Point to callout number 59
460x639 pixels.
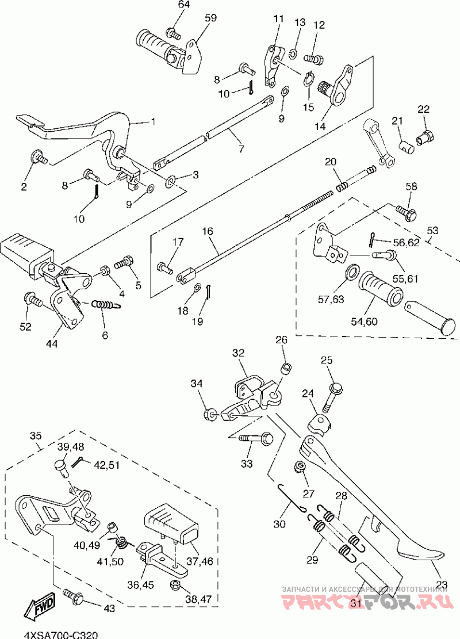pos(210,18)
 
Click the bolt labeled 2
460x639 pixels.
pos(40,156)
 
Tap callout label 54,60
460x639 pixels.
pos(363,321)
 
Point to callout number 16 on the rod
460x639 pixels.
pos(207,231)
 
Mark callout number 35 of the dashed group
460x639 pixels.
pos(36,436)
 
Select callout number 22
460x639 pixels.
pos(424,109)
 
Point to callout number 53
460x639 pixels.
pos(432,230)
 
